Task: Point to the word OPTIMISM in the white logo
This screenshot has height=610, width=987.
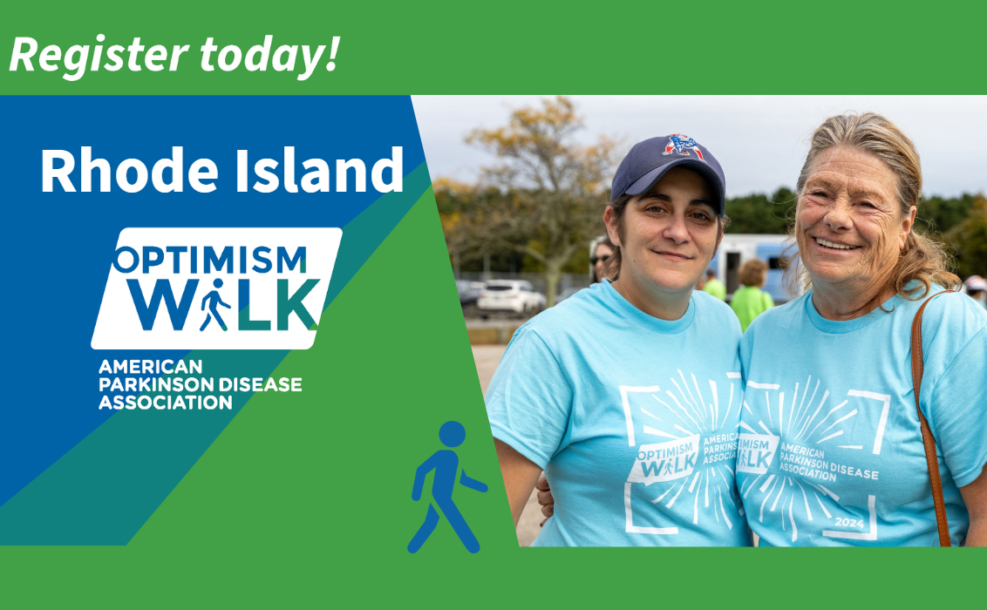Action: [x=210, y=260]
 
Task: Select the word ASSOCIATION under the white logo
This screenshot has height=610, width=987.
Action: [x=165, y=403]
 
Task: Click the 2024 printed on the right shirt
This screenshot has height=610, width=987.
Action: [x=849, y=521]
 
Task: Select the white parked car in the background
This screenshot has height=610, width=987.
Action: [x=510, y=297]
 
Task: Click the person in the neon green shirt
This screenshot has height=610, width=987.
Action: [x=751, y=296]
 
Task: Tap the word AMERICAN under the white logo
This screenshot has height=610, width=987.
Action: [x=139, y=367]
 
